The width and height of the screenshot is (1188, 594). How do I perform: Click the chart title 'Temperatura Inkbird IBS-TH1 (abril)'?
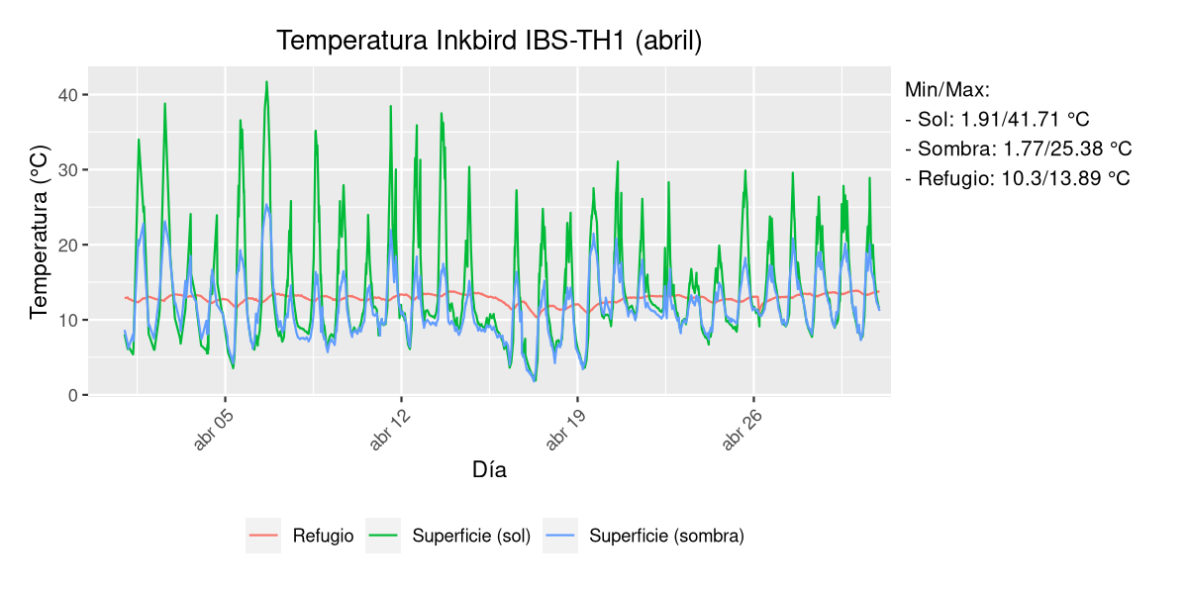[x=489, y=41]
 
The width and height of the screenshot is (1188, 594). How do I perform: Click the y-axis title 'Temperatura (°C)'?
[x=39, y=232]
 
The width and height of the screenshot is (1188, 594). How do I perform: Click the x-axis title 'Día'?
[x=489, y=470]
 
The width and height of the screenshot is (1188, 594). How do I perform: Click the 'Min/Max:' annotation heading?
[x=946, y=90]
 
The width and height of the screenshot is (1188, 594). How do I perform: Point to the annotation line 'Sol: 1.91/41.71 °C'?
[x=997, y=120]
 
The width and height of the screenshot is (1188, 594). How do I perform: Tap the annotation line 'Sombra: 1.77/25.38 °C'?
[x=1018, y=149]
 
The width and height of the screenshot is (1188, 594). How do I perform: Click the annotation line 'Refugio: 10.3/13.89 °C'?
[x=1017, y=179]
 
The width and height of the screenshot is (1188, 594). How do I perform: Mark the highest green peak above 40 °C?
[x=266, y=82]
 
